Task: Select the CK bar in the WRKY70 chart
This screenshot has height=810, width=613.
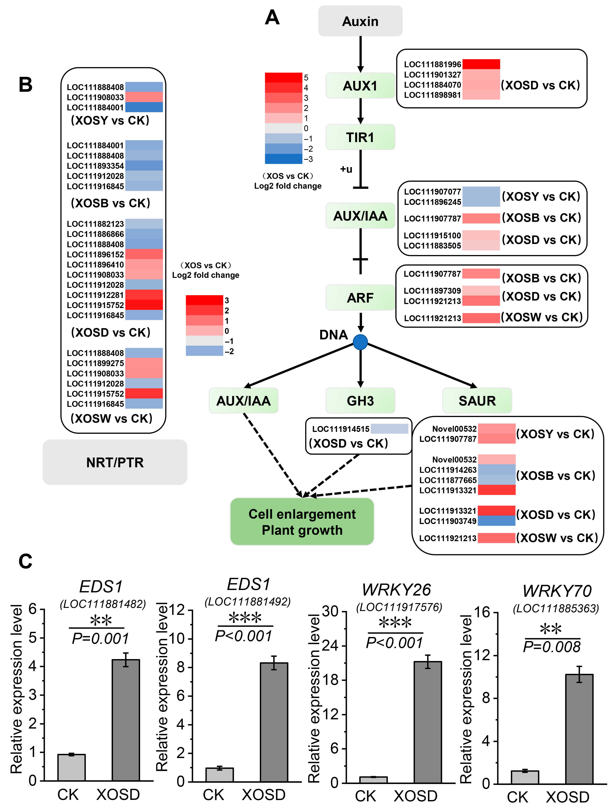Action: [525, 777]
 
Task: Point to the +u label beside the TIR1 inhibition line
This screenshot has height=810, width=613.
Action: [346, 169]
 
